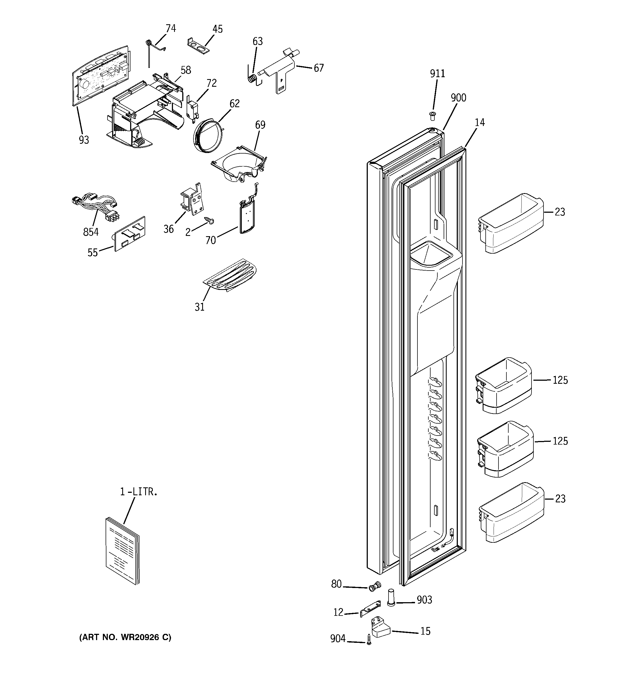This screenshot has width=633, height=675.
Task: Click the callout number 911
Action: point(437,74)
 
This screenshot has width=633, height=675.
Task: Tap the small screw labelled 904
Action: point(369,639)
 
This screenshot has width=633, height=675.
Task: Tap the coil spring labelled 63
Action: point(252,78)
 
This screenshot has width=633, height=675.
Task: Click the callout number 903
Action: point(424,600)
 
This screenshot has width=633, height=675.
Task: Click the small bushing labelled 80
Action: point(375,586)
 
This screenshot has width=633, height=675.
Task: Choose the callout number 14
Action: point(479,122)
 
